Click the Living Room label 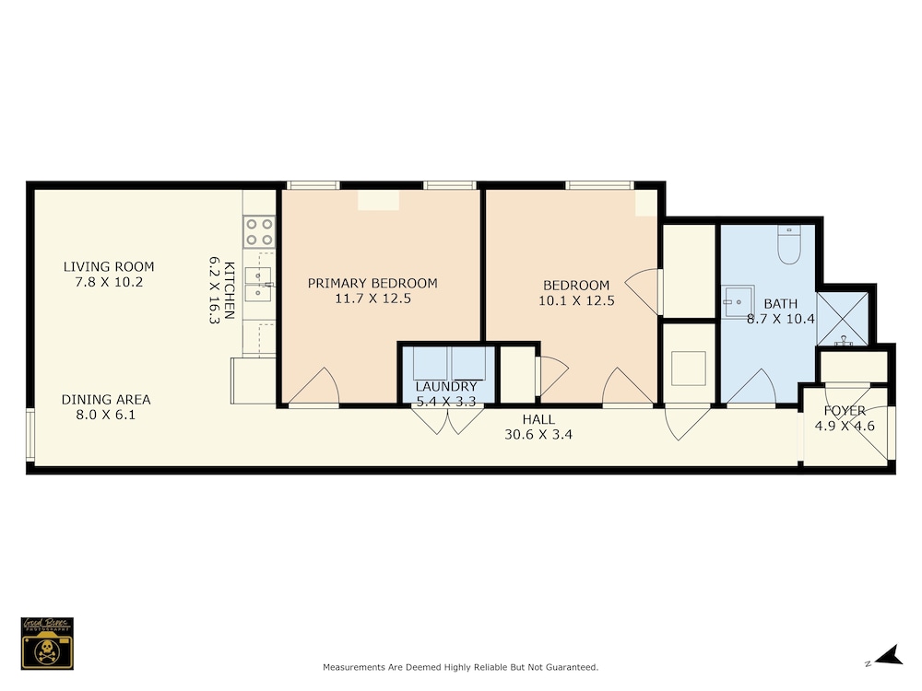point(109,267)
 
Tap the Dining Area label point(106,400)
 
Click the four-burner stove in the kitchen point(259,231)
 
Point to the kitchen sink point(258,284)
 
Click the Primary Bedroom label point(372,283)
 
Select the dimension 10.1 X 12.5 point(576,301)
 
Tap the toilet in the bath point(789,244)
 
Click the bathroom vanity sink point(739,302)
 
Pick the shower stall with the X point(843,319)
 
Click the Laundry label point(446,387)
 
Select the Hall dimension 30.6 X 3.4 point(538,435)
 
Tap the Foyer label point(845,411)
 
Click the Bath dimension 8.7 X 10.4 point(781,319)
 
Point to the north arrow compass point(889,656)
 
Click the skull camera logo point(47,643)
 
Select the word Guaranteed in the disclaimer point(572,667)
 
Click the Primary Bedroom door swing point(314,387)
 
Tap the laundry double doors point(447,420)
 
